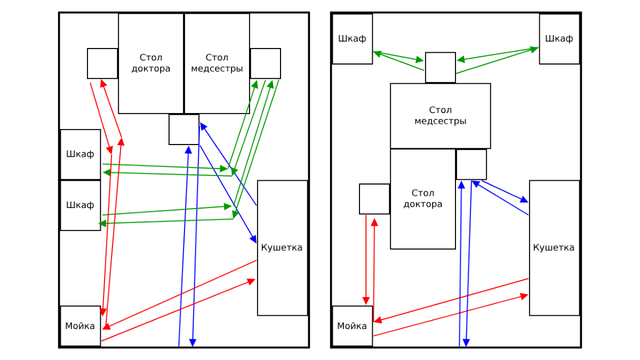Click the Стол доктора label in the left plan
click(x=151, y=63)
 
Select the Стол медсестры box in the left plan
click(x=217, y=63)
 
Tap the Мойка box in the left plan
click(x=81, y=326)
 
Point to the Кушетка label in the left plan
click(x=282, y=247)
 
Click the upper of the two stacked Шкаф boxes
click(x=81, y=155)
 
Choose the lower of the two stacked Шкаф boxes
click(x=81, y=205)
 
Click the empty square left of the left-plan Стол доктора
click(x=102, y=63)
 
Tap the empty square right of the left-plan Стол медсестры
click(x=266, y=63)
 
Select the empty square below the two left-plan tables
click(x=184, y=130)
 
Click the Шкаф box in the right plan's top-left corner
click(x=353, y=39)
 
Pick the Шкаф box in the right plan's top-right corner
click(x=559, y=39)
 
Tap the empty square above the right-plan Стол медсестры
click(x=441, y=67)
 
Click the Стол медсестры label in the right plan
click(x=441, y=115)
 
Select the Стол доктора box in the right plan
click(x=423, y=199)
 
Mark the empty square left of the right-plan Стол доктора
click(x=374, y=199)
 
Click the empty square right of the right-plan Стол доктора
click(x=471, y=165)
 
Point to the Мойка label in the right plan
click(x=351, y=326)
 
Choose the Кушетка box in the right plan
click(x=554, y=248)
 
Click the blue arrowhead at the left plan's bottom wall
click(x=193, y=343)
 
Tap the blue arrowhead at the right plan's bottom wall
click(x=466, y=343)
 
